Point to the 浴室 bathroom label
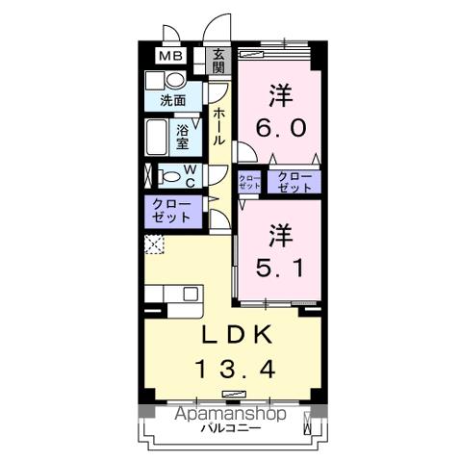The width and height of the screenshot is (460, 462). (184, 136)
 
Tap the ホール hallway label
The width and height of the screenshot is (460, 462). (219, 126)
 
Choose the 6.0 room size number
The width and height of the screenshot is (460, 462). (280, 127)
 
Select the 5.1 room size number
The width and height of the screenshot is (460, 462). (280, 266)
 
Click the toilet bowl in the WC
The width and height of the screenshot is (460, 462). (169, 176)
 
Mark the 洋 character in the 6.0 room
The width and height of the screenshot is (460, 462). (280, 95)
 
